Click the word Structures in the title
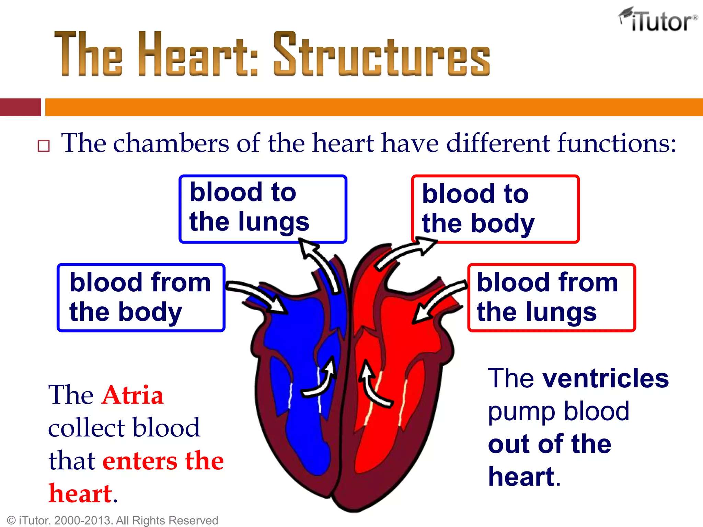point(382,54)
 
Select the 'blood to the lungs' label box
point(263,209)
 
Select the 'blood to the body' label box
point(495,209)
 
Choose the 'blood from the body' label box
point(141,297)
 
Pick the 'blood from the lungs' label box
point(551,297)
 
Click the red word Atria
point(132,395)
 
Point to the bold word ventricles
point(606,378)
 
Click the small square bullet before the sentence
point(44,146)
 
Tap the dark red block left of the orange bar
point(20,107)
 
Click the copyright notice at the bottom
point(113,520)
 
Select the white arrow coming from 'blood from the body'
point(257,295)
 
